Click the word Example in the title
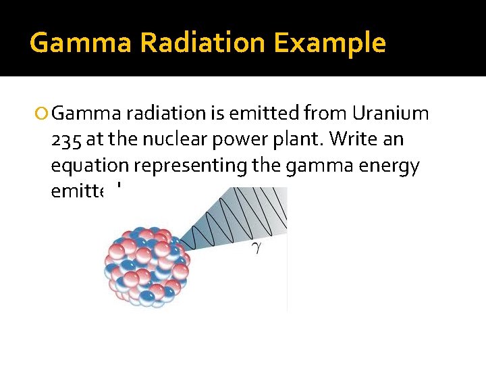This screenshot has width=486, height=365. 330,44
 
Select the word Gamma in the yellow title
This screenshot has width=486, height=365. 80,44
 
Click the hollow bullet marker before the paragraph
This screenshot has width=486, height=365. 44,114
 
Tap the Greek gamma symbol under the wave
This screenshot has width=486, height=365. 256,247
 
